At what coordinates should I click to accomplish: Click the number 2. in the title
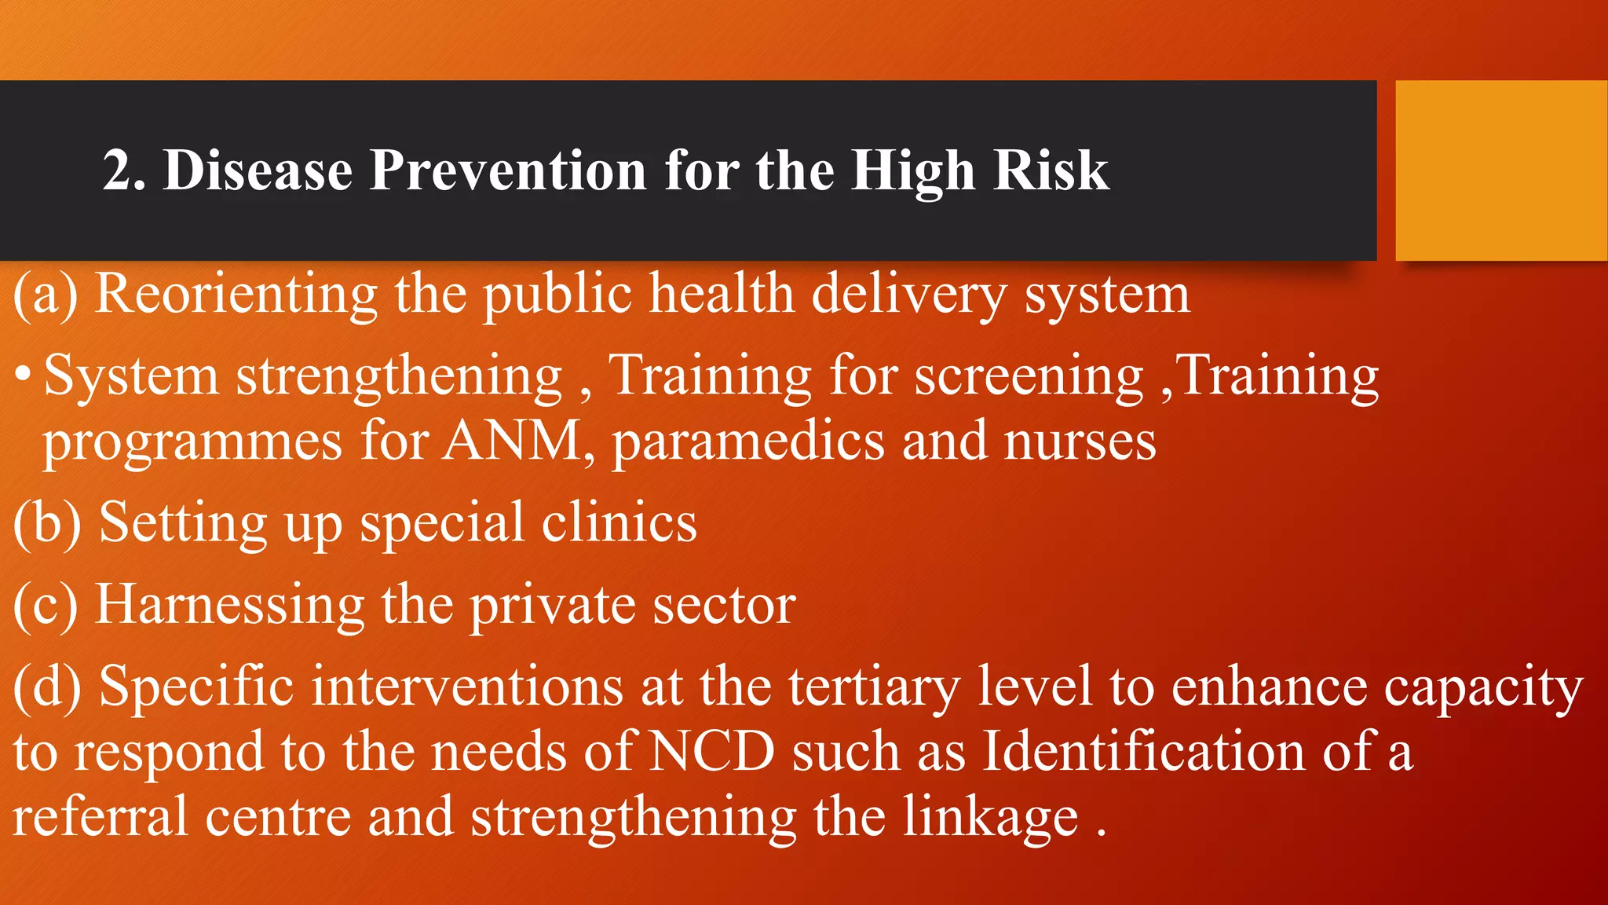coord(124,170)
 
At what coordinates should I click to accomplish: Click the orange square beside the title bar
coord(1500,170)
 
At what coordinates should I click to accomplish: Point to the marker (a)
coord(46,295)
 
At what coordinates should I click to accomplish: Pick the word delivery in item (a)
coord(908,295)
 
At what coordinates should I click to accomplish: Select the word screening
coord(1029,376)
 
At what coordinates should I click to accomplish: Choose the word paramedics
coord(748,441)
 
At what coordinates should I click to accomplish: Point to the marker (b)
coord(47,522)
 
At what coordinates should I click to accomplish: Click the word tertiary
coord(874,687)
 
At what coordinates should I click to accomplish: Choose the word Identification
coord(1144,752)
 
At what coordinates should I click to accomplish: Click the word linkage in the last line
coord(989,817)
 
